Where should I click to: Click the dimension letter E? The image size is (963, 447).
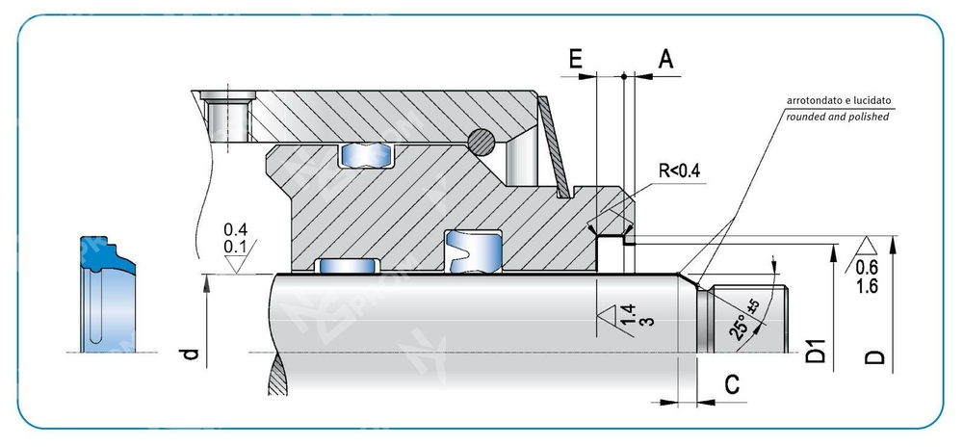click(x=575, y=59)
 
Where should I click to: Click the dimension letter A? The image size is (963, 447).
click(x=664, y=59)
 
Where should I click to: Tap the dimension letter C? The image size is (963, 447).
click(x=732, y=385)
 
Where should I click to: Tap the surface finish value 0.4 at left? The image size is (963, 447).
click(x=234, y=230)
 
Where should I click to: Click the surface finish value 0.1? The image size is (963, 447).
click(x=234, y=248)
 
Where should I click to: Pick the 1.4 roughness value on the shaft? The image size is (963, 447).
click(x=628, y=314)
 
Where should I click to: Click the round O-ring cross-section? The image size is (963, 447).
click(x=482, y=141)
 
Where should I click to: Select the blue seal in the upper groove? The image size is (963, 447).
click(x=366, y=154)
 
